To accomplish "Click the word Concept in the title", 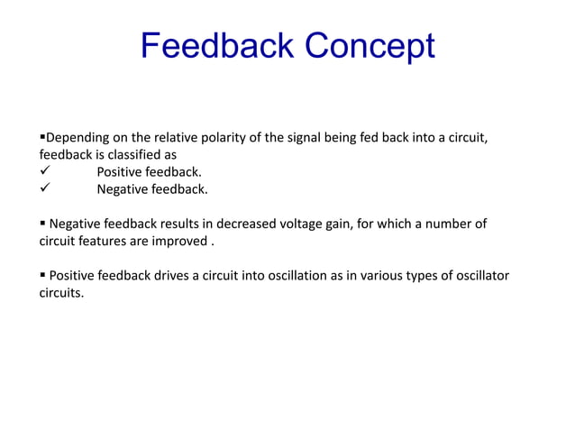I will [x=370, y=46].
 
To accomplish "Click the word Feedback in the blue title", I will [x=217, y=46].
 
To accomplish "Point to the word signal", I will [x=329, y=137].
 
